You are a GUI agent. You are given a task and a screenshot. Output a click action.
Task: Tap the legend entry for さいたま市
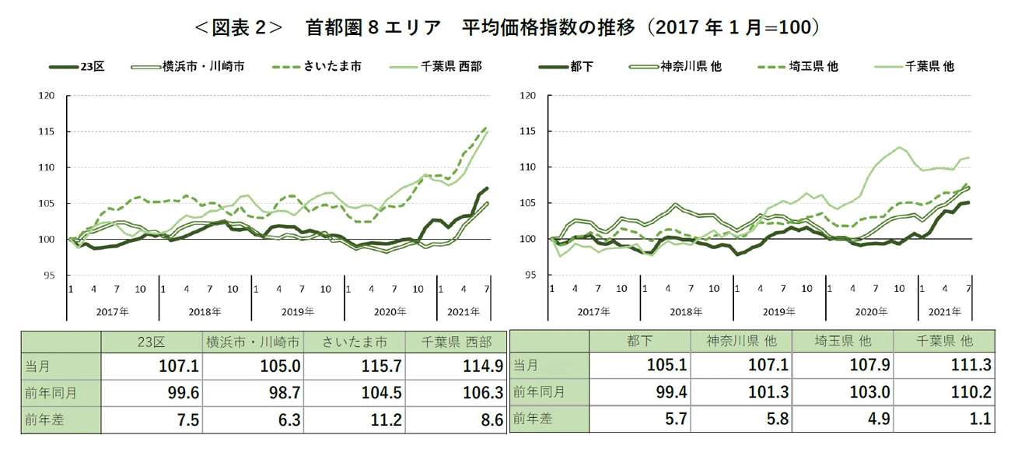[x=334, y=67]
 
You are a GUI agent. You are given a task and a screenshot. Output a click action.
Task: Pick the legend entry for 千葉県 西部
[x=451, y=67]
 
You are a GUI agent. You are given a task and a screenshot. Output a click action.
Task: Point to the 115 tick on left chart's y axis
[x=47, y=132]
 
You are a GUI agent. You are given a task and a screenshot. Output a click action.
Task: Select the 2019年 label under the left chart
[x=298, y=311]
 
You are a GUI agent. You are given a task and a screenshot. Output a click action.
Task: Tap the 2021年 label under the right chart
[x=945, y=311]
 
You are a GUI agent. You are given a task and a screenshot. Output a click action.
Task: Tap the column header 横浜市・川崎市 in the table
[x=252, y=342]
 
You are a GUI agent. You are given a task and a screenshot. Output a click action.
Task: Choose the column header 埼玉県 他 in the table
[x=844, y=342]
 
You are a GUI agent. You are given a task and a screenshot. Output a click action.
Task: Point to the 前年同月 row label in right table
[x=537, y=393]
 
